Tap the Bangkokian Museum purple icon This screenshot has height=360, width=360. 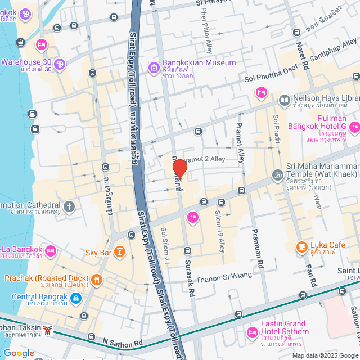click(154, 68)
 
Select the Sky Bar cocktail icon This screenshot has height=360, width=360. click(119, 251)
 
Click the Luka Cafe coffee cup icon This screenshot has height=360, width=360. click(302, 246)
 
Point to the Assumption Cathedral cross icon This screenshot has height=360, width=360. click(69, 206)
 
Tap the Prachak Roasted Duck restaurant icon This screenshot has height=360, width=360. click(97, 278)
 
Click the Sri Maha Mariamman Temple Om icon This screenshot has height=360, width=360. click(277, 175)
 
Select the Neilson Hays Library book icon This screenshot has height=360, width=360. click(285, 100)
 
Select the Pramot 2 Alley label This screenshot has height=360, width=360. click(202, 159)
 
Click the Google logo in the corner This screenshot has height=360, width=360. click(19, 353)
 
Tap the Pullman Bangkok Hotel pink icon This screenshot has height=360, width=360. click(353, 128)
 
